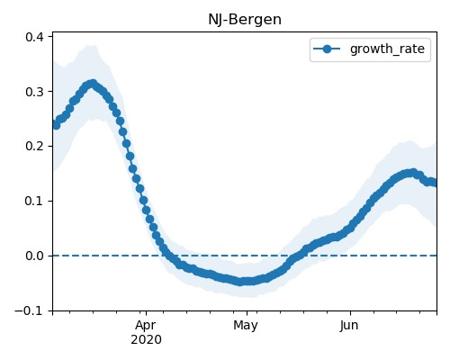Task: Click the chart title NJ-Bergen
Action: point(245,20)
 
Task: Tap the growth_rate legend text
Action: point(387,49)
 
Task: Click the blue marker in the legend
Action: point(327,49)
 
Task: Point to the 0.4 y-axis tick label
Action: point(34,37)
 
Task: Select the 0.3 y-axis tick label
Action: point(34,92)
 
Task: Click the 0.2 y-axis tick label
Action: point(34,147)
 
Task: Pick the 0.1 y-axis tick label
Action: point(34,201)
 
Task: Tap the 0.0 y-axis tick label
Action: point(34,256)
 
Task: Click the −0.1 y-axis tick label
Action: point(29,310)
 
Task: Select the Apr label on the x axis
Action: point(146,325)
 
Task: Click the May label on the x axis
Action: point(246,325)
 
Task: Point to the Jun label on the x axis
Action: point(349,325)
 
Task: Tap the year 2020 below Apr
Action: point(146,339)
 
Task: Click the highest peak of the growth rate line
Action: point(94,83)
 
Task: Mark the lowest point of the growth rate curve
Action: point(239,282)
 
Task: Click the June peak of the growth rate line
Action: point(413,173)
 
